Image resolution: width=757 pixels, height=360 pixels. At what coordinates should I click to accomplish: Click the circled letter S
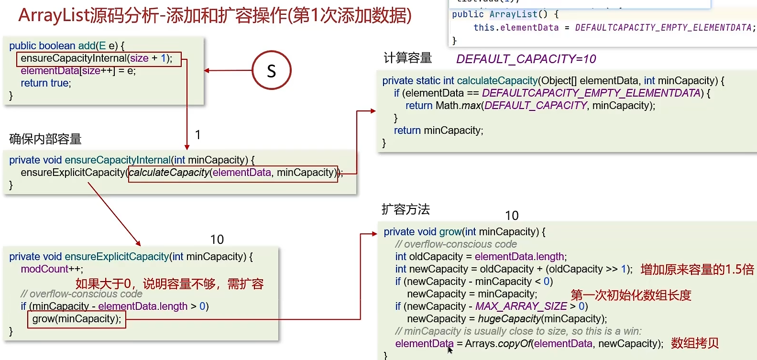click(x=271, y=71)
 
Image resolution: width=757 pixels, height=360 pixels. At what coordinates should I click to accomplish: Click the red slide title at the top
click(x=215, y=16)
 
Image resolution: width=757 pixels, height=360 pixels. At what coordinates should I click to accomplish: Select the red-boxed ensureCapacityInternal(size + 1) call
click(x=99, y=59)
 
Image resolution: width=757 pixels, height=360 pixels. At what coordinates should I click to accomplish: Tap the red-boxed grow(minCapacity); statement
click(x=77, y=319)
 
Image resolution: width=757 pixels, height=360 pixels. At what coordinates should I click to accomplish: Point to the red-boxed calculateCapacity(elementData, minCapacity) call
click(x=233, y=173)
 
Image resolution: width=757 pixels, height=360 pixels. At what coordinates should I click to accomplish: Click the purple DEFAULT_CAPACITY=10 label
click(x=526, y=59)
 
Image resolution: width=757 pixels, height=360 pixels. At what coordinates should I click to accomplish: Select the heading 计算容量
click(x=407, y=58)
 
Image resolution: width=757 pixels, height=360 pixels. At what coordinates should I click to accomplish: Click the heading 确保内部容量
click(x=45, y=139)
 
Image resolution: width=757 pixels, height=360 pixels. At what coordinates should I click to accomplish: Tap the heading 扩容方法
click(x=406, y=209)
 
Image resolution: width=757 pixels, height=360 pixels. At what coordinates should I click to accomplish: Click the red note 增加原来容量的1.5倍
click(x=697, y=270)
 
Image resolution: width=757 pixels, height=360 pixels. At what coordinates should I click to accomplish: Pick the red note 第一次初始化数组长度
click(x=631, y=295)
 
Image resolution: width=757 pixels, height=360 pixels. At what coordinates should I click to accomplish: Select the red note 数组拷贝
click(x=694, y=343)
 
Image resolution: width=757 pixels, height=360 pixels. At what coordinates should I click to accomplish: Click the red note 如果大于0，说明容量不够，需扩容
click(x=169, y=284)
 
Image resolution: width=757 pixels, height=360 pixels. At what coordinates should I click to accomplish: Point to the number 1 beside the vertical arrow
click(x=197, y=135)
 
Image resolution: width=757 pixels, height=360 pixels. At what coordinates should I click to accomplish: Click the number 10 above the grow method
click(x=512, y=216)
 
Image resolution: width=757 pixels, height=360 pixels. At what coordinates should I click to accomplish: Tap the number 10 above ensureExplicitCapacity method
click(x=217, y=240)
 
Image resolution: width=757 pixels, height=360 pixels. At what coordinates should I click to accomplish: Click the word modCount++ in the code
click(x=52, y=269)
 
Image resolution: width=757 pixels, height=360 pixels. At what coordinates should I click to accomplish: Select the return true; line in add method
click(x=46, y=83)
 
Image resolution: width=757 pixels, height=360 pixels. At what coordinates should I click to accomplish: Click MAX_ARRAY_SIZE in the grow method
click(x=521, y=306)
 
